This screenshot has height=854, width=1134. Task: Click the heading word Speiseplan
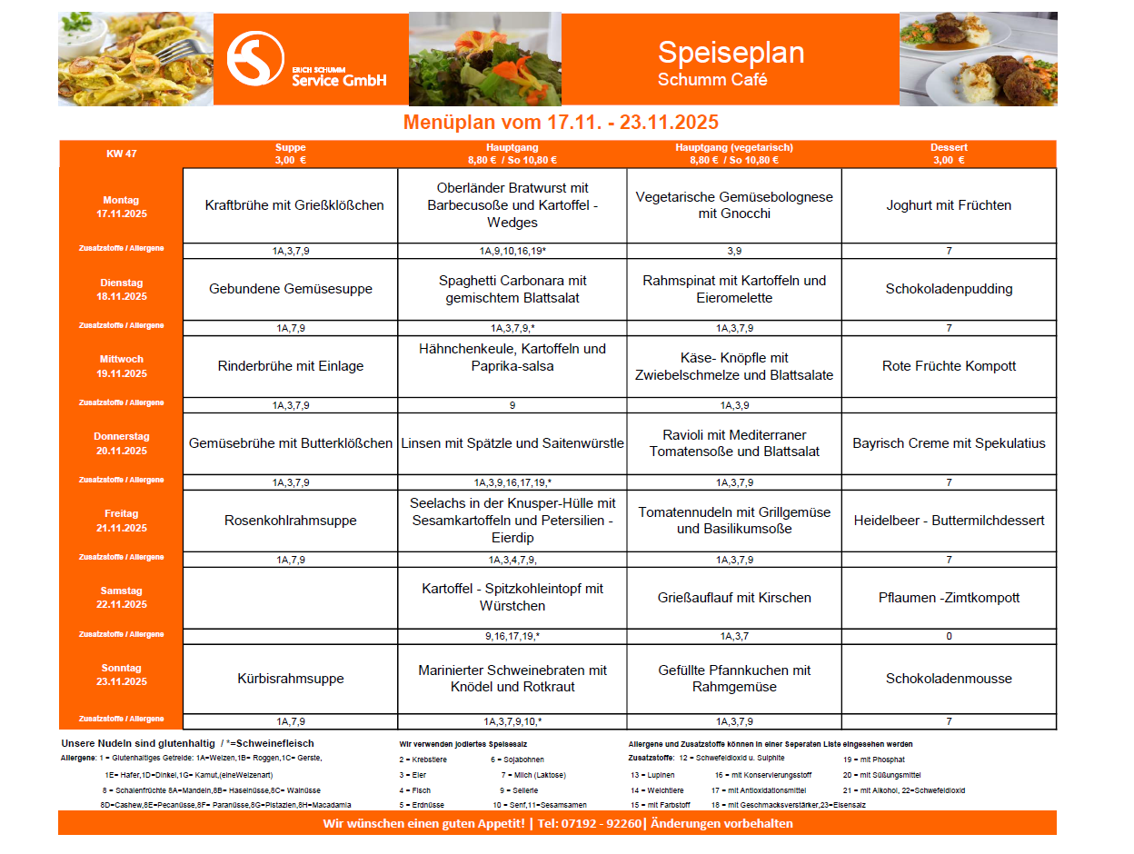point(731,53)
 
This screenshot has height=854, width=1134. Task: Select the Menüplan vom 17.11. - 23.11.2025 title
point(561,123)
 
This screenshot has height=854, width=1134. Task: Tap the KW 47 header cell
point(121,154)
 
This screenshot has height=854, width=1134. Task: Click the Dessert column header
point(948,154)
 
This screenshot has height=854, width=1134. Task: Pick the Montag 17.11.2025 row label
point(121,207)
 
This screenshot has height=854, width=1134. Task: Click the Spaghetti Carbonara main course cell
point(512,289)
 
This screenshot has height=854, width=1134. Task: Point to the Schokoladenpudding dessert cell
point(949,289)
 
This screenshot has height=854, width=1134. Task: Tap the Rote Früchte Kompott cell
point(949,366)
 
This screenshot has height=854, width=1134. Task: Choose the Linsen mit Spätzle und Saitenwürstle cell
point(512,443)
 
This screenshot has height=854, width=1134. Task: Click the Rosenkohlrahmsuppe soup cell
point(291,521)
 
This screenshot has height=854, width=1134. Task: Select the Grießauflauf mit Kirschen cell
point(734,598)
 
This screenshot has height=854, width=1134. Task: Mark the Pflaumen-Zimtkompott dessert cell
point(949,598)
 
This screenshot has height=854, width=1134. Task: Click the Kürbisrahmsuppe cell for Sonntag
point(291,679)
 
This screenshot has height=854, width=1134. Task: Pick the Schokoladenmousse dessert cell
point(949,679)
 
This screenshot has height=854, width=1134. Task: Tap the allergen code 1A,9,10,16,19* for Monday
point(512,251)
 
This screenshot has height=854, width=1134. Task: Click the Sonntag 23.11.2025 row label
point(121,675)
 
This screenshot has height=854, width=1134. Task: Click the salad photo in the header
point(484,59)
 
